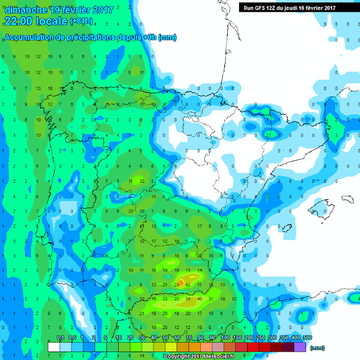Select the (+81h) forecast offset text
tap(82, 22)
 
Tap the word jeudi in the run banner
tap(293, 7)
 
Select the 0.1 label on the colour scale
tap(60, 337)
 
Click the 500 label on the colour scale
tap(307, 337)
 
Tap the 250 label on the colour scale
tap(260, 337)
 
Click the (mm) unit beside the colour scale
tap(318, 348)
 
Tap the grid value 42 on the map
tap(188, 285)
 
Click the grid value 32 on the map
tap(142, 181)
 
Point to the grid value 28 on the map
tap(177, 285)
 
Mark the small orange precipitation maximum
tap(181, 280)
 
